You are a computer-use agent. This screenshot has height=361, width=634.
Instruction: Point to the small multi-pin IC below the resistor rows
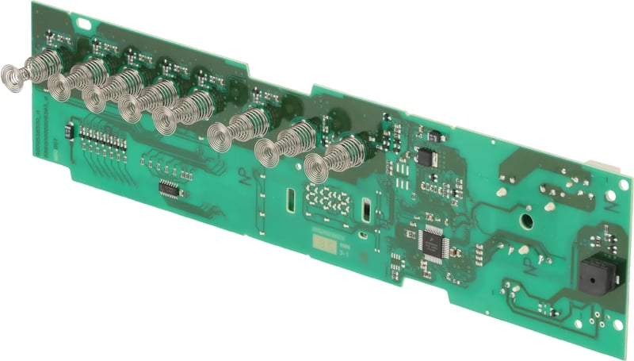[x=169, y=188]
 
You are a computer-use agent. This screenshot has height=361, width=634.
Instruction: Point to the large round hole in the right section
[x=525, y=216]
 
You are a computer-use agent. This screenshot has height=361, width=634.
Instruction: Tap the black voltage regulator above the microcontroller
[x=427, y=156]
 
